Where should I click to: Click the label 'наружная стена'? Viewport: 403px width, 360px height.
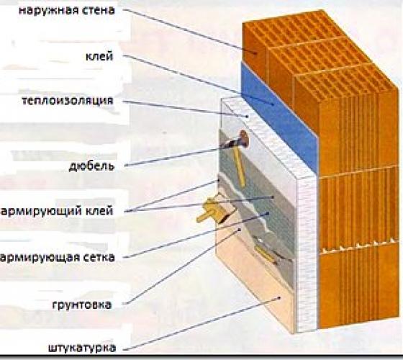coord(66,11)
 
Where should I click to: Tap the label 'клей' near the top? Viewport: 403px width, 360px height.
coord(99,56)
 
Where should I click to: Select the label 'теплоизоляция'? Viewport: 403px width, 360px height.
coord(68,101)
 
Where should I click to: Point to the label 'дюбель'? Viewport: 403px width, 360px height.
coord(91,166)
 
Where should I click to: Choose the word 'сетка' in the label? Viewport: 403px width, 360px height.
coord(97,258)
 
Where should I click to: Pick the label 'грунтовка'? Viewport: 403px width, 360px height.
coord(82,305)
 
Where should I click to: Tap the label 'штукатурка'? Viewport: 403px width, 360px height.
coord(82,348)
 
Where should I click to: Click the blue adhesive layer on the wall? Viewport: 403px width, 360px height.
coord(279,116)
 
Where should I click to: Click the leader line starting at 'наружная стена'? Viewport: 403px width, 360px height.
coord(190,31)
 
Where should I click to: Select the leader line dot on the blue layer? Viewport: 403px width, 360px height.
coord(273,104)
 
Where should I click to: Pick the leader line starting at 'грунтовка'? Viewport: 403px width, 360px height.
coord(182,266)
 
